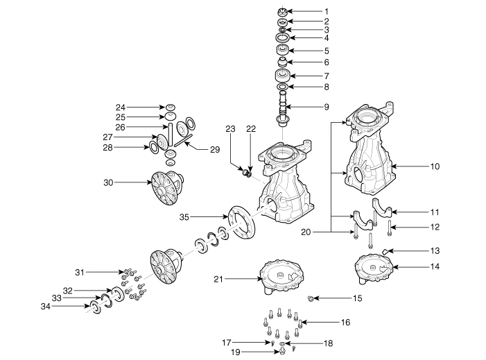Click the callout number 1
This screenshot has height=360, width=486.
[x=327, y=12]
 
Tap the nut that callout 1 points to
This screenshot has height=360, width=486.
[x=282, y=12]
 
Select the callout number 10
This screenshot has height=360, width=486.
[x=435, y=166]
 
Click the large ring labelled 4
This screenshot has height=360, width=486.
[x=282, y=38]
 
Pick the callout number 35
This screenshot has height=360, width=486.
[x=184, y=217]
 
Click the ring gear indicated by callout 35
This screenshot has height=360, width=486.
[x=242, y=222]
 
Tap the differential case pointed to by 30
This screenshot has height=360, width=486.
[x=167, y=188]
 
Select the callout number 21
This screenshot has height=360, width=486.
[x=218, y=279]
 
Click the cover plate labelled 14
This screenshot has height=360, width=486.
[x=374, y=269]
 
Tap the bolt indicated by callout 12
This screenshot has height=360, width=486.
[x=390, y=228]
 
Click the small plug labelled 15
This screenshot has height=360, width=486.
[x=311, y=298]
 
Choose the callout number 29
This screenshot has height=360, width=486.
[x=215, y=149]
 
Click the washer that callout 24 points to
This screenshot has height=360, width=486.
[x=170, y=108]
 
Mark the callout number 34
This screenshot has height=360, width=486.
[x=46, y=307]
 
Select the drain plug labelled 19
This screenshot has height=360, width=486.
[x=281, y=351]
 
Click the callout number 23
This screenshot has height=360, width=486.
[x=230, y=129]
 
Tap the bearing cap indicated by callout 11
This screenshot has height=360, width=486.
[x=382, y=208]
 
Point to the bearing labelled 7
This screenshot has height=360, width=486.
[x=282, y=76]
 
